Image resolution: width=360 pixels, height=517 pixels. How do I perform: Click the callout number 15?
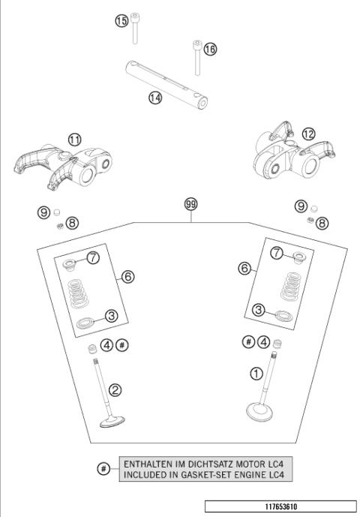(121, 21)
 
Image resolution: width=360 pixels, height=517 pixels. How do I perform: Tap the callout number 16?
(210, 49)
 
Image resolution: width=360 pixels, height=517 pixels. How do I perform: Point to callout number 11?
(74, 140)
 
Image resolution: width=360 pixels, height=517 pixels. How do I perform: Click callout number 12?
(309, 134)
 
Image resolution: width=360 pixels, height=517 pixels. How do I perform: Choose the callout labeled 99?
(191, 203)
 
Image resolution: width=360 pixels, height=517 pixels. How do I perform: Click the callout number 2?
(115, 389)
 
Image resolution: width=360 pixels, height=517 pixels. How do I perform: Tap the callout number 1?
(256, 372)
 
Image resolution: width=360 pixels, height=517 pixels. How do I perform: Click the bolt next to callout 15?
(136, 30)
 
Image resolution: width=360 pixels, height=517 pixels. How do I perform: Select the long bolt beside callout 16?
(196, 59)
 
